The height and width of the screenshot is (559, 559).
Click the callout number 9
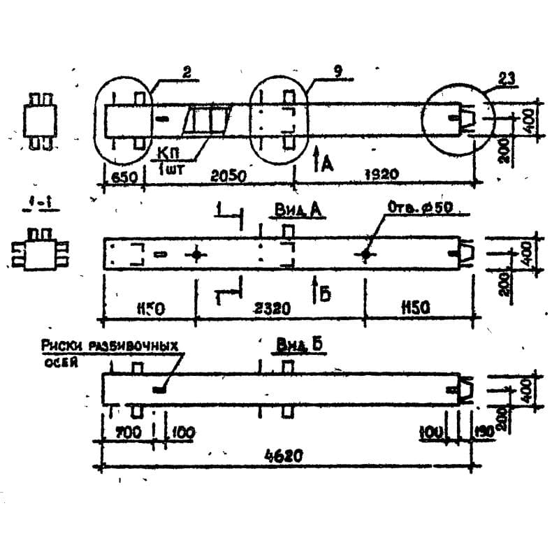click(337, 71)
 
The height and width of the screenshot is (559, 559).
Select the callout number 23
click(509, 79)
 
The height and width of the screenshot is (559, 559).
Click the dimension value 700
click(127, 433)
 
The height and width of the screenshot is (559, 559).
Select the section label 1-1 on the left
click(48, 205)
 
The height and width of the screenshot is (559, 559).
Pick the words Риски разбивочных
click(110, 346)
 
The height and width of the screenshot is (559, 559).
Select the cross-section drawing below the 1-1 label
click(41, 249)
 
